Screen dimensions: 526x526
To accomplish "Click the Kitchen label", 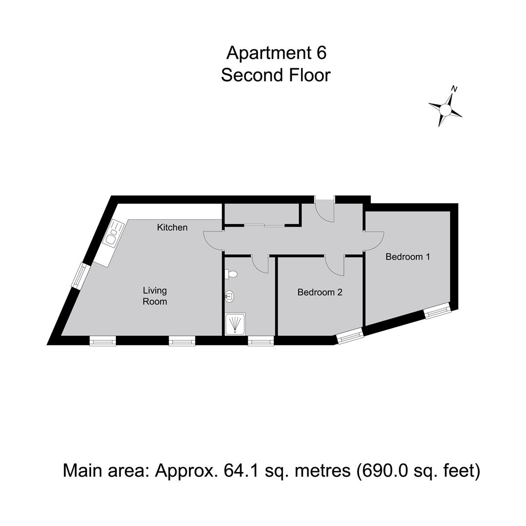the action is click(172, 227).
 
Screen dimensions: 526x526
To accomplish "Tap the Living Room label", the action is click(155, 296).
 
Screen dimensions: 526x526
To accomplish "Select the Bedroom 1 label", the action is click(408, 257).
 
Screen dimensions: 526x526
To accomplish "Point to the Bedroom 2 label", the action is click(319, 292).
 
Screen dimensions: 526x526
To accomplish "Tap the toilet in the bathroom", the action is click(231, 274).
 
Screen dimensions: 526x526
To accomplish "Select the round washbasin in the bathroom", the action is click(230, 296).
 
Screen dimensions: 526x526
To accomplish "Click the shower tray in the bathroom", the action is click(236, 324).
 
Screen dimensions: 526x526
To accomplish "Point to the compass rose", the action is click(446, 110).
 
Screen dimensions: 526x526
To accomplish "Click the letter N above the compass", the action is click(454, 89).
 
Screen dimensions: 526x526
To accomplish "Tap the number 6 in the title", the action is click(321, 53).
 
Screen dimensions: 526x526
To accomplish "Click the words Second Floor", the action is click(276, 75).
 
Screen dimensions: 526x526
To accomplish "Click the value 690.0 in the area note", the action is click(386, 470).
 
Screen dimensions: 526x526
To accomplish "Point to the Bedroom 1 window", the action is click(437, 310).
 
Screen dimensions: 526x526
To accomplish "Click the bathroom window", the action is click(261, 341).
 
